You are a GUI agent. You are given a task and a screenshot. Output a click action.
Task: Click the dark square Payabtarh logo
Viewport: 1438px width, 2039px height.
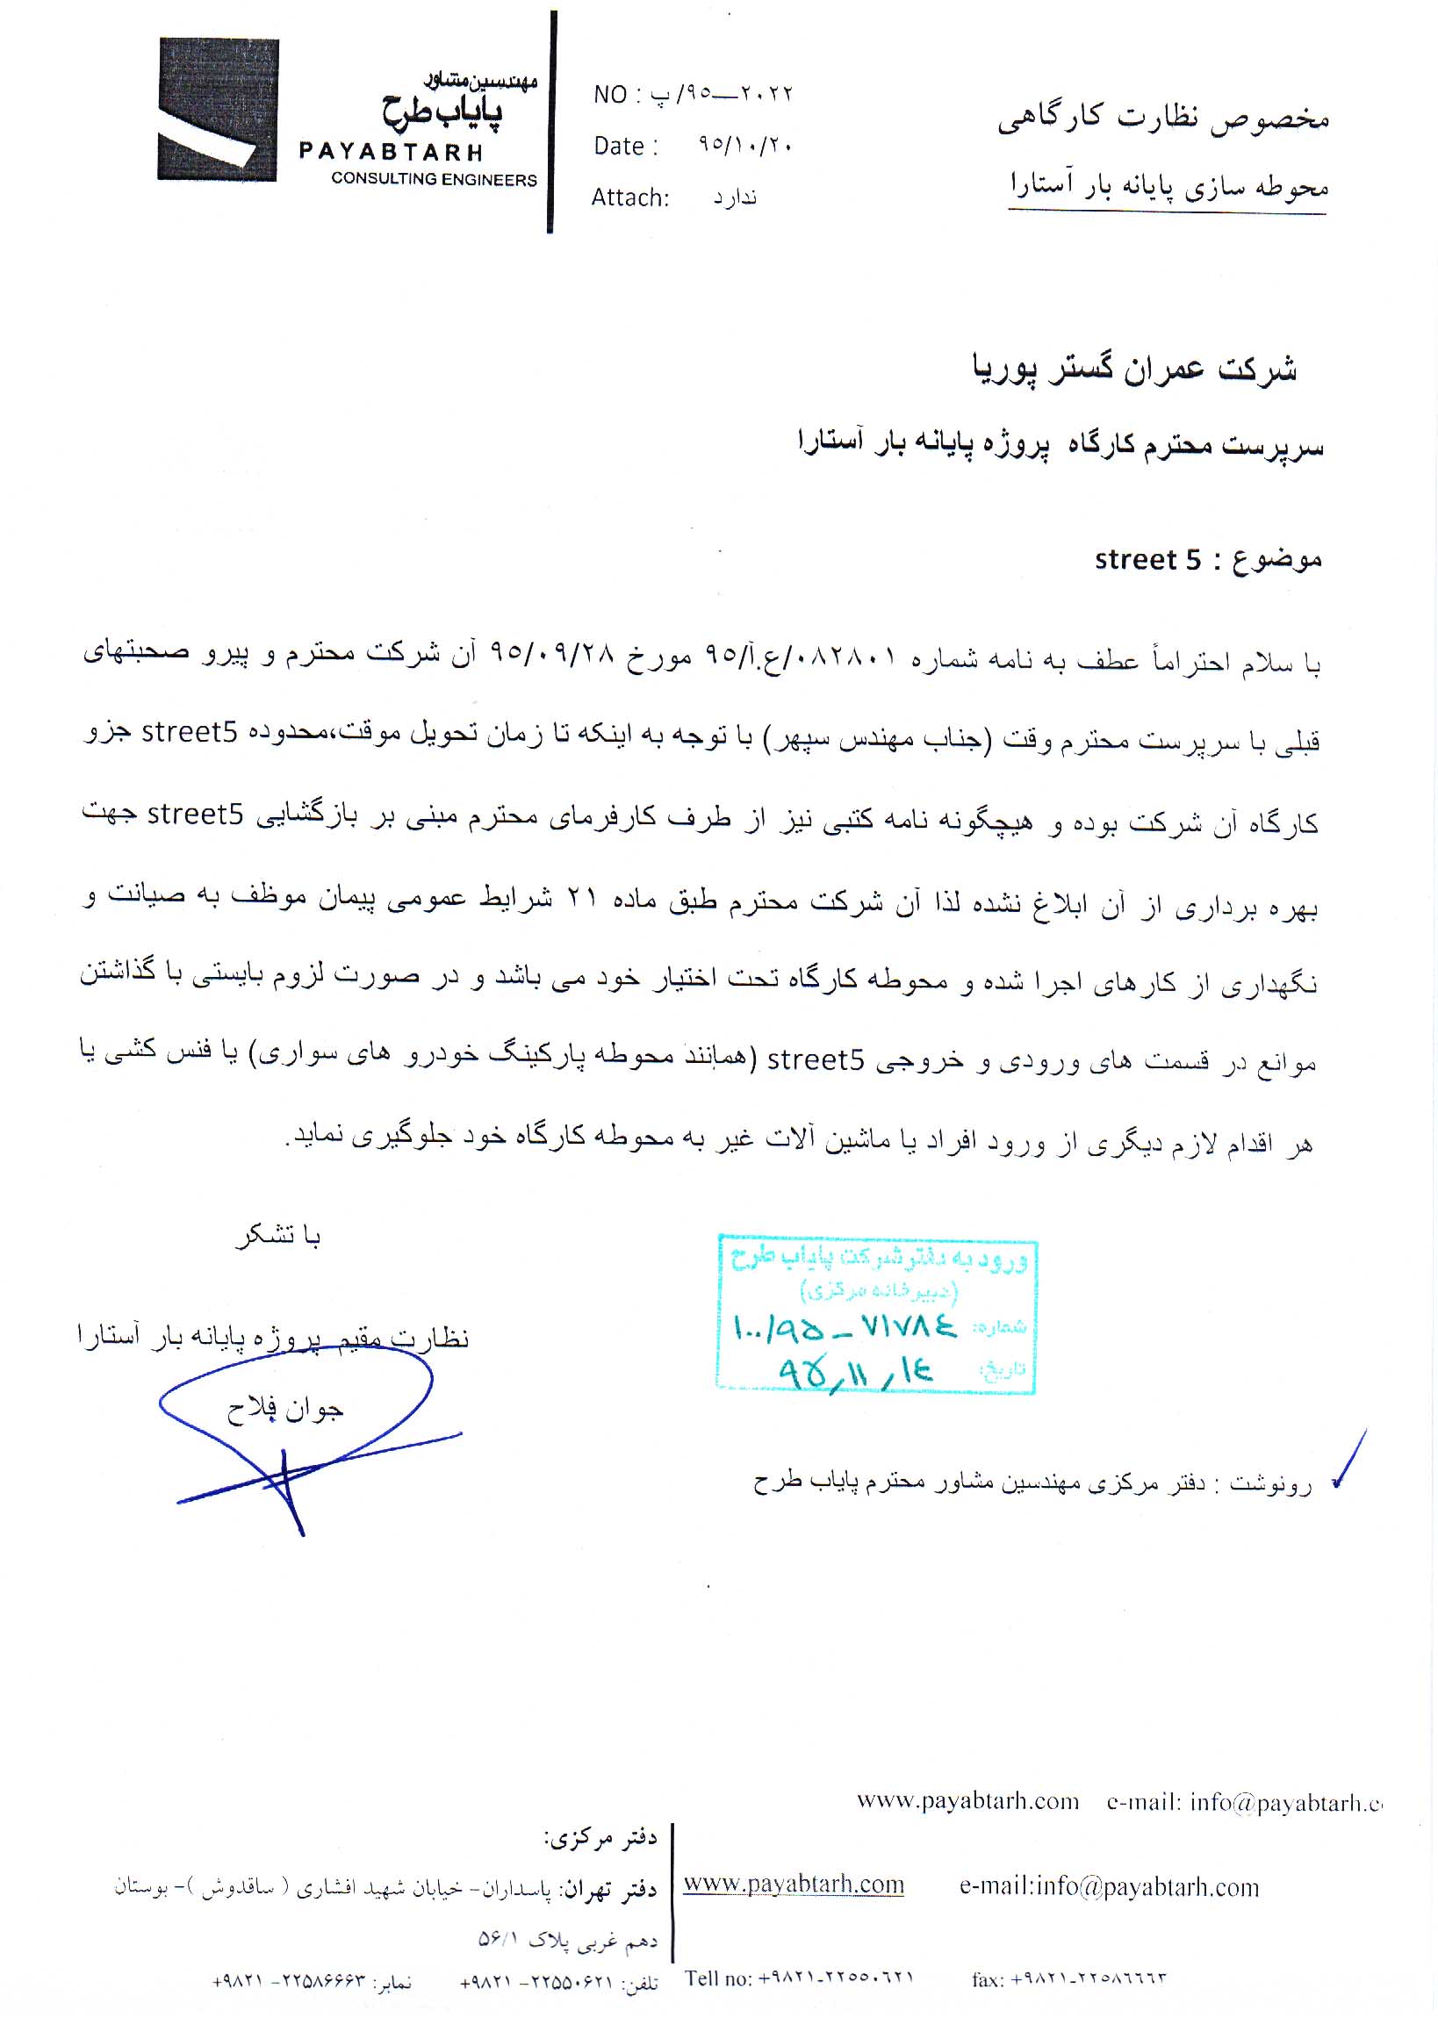click(x=218, y=109)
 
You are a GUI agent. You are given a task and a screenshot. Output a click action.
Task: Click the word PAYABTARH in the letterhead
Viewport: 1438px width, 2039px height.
click(x=391, y=152)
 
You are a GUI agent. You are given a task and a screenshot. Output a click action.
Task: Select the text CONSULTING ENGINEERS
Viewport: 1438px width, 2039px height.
click(x=434, y=179)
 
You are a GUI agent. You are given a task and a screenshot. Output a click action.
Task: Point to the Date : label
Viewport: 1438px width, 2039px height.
click(x=625, y=147)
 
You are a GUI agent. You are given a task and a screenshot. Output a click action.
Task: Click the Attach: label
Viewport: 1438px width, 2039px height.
click(x=629, y=197)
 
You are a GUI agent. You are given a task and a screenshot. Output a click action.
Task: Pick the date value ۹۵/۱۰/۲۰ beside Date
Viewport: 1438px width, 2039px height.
click(x=744, y=145)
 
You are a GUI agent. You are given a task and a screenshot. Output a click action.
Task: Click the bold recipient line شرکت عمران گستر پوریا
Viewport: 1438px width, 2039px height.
click(x=1134, y=369)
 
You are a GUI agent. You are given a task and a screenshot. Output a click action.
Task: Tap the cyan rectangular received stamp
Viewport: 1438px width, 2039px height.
click(x=876, y=1313)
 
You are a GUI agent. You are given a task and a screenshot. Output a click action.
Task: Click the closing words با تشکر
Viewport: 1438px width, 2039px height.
click(x=278, y=1235)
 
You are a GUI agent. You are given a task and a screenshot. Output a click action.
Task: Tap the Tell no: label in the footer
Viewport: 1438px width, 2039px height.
click(x=717, y=1978)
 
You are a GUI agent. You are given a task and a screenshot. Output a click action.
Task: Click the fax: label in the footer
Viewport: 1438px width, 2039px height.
click(x=988, y=1979)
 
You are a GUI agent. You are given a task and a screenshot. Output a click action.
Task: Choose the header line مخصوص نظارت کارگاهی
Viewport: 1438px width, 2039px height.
click(x=1162, y=118)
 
